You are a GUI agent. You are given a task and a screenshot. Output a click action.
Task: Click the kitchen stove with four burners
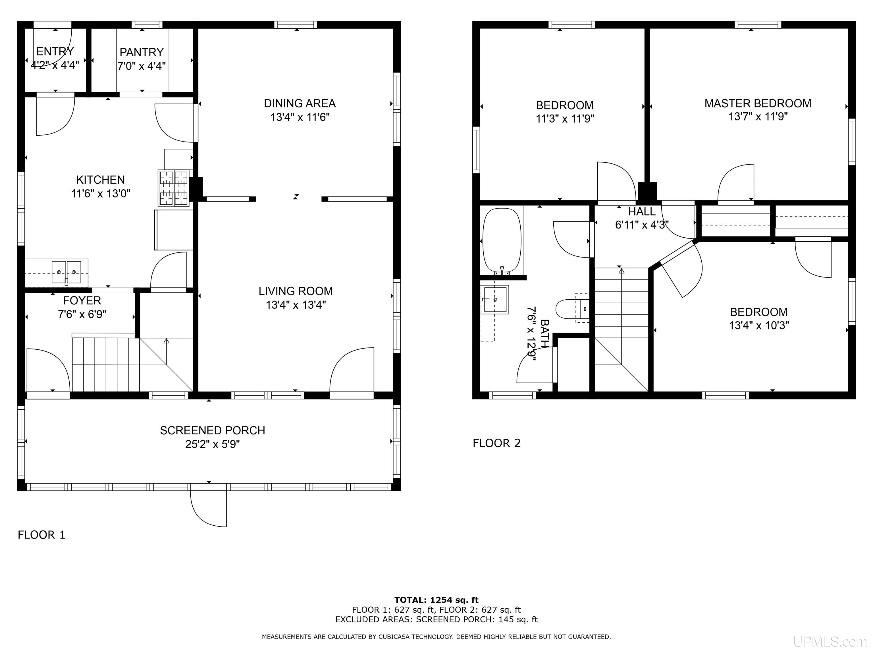click(174, 188)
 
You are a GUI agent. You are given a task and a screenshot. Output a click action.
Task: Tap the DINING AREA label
click(300, 103)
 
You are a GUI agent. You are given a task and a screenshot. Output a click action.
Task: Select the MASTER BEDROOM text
click(758, 103)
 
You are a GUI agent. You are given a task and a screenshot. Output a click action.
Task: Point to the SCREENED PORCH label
click(212, 430)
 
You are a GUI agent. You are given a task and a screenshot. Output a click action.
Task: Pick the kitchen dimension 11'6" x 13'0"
click(101, 194)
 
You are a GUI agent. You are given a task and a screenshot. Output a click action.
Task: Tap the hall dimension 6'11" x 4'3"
click(642, 225)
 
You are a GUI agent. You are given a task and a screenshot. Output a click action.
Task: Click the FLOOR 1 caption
click(41, 535)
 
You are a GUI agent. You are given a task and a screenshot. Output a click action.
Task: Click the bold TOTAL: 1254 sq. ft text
click(436, 600)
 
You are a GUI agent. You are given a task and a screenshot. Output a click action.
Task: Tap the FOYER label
click(82, 301)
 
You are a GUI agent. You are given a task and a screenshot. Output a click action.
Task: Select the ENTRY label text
click(55, 52)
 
